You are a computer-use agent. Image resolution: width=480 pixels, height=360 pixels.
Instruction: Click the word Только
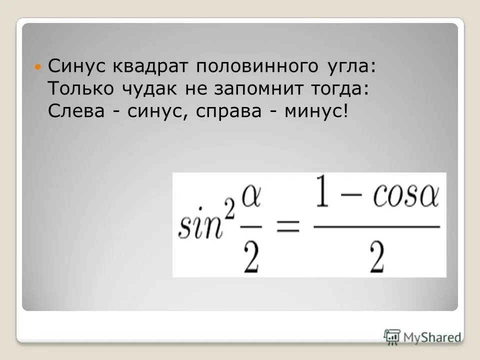click(x=81, y=90)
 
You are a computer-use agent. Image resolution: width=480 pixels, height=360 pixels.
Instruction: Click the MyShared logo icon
click(x=392, y=336)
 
